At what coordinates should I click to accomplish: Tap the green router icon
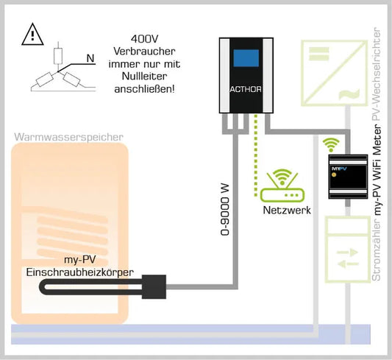coord(282,186)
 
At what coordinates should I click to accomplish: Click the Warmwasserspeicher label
coord(68,136)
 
